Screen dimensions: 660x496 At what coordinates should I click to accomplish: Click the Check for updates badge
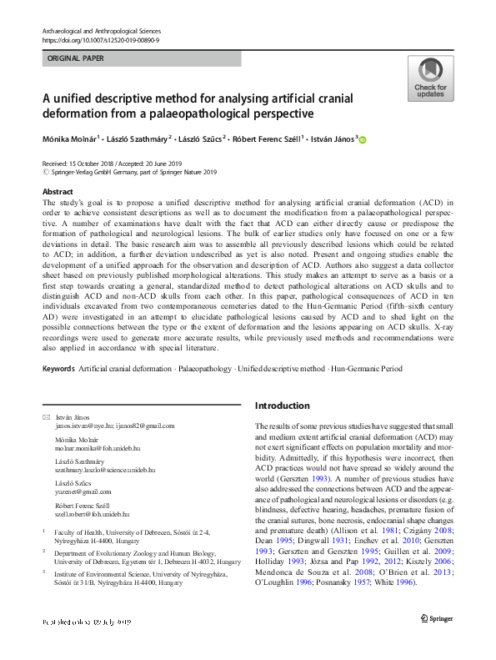pos(430,78)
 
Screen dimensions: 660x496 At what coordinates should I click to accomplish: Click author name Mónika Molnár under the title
pos(70,139)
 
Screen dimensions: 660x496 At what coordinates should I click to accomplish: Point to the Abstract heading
pos(57,191)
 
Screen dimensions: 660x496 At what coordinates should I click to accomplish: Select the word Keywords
pos(58,368)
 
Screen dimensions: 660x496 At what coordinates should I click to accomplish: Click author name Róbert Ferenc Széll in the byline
pos(263,139)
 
